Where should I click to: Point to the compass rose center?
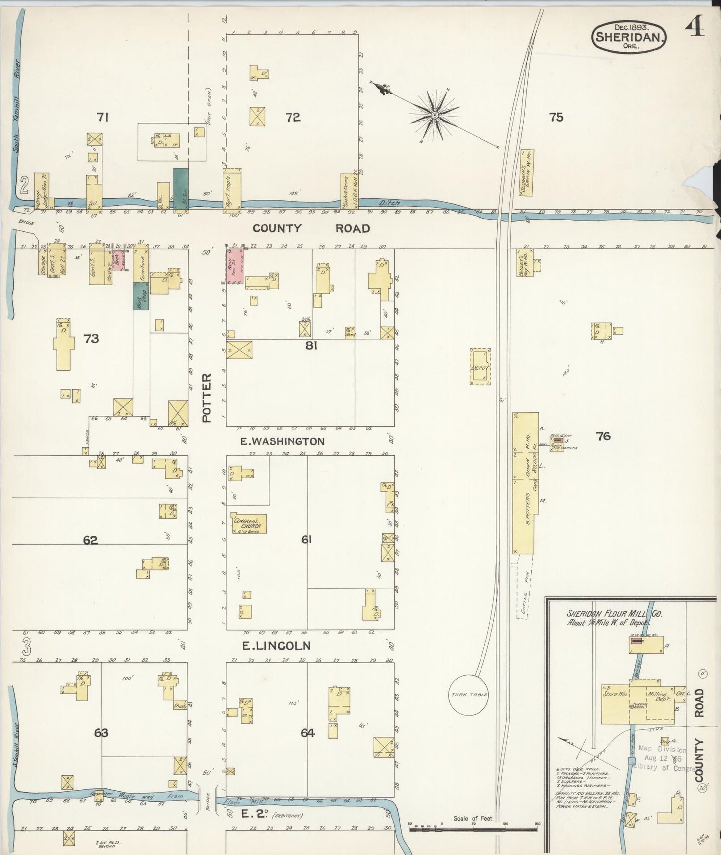click(435, 115)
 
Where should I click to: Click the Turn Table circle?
click(469, 694)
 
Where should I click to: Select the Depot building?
click(480, 367)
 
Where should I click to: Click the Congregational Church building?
click(248, 523)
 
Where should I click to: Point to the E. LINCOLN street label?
click(276, 646)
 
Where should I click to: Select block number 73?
click(91, 339)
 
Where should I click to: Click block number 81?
click(311, 345)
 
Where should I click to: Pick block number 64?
click(308, 733)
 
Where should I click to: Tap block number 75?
click(556, 117)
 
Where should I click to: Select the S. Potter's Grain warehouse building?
click(525, 482)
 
